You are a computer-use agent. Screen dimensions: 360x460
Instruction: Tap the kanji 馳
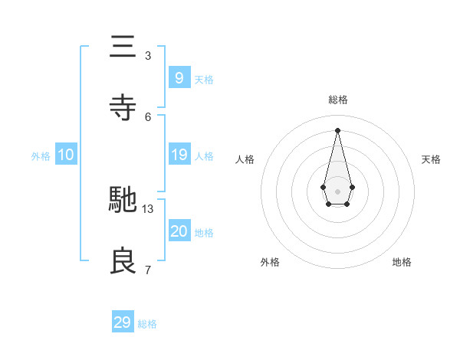[123, 200]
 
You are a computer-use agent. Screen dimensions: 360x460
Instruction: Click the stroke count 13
[148, 208]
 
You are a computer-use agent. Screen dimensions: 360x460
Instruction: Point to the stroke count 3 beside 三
[148, 55]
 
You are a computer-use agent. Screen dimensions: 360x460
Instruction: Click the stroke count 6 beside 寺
[148, 116]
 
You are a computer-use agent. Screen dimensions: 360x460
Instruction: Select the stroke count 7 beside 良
[148, 270]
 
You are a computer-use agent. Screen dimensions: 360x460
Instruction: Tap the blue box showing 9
[179, 77]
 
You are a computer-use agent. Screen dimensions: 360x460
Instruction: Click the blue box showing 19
[179, 155]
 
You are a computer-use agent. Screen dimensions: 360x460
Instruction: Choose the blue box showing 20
[179, 231]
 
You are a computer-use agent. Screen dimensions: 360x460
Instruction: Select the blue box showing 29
[123, 322]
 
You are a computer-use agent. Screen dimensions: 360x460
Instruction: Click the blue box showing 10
[66, 155]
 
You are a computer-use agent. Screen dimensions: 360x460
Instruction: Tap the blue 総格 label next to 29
[147, 324]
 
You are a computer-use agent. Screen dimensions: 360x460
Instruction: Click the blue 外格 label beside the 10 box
[41, 156]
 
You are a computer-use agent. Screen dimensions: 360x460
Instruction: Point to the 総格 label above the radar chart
[337, 100]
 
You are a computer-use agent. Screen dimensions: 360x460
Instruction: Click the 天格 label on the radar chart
[432, 159]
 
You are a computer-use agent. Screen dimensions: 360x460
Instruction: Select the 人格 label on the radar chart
[245, 159]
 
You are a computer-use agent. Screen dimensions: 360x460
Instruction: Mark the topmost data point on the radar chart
[337, 129]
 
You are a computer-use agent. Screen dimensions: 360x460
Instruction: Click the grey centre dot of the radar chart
[337, 191]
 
